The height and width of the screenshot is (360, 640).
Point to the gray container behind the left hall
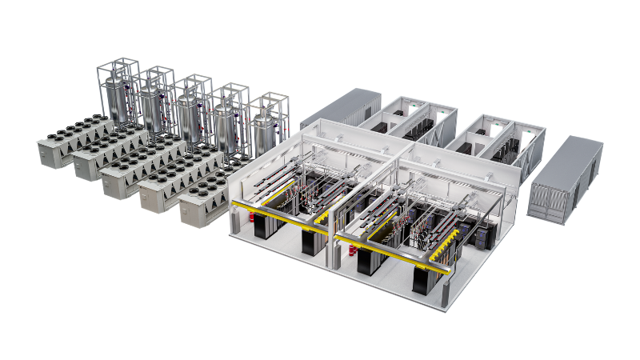340,108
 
